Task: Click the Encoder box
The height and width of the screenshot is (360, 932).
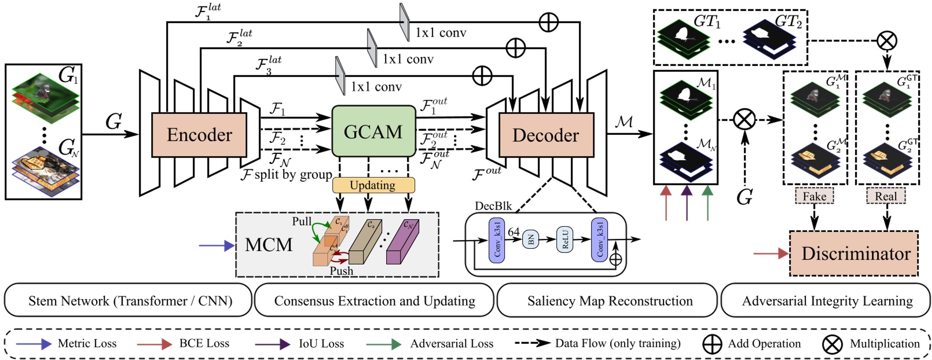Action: click(199, 135)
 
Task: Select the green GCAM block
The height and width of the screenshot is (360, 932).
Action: click(373, 132)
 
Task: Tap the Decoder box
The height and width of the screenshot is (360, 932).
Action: click(545, 135)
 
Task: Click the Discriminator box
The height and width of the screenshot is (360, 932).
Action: click(854, 254)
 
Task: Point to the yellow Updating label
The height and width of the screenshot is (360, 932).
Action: click(373, 185)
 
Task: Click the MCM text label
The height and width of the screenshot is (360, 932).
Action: click(269, 245)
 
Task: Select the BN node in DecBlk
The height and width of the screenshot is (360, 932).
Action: click(531, 238)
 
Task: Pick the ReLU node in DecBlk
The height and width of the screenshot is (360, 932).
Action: click(565, 238)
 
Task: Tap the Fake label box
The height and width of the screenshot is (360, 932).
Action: click(814, 196)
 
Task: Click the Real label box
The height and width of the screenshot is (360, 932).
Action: click(885, 196)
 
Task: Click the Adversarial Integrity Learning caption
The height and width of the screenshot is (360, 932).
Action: click(827, 301)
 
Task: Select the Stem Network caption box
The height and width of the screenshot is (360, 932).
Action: click(130, 301)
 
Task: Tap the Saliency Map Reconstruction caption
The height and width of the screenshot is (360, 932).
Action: click(609, 301)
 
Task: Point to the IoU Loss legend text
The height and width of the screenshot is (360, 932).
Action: click(321, 344)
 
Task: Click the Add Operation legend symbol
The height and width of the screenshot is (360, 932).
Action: click(711, 344)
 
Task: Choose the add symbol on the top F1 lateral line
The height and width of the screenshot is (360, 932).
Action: click(548, 23)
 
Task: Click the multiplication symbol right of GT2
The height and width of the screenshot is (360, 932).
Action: click(886, 41)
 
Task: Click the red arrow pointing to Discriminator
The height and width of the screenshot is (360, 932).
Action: click(770, 254)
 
